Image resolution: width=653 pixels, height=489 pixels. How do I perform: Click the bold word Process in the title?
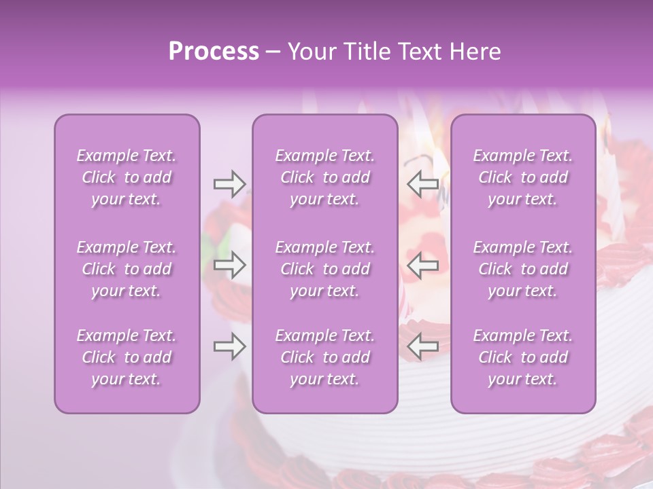coord(214,52)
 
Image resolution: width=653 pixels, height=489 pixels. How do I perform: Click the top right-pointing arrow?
coord(229,183)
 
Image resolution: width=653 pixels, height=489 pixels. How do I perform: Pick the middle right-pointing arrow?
coord(229,265)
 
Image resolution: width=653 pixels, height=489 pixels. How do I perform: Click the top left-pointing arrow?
coord(422,183)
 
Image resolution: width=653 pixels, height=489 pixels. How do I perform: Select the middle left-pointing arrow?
coord(422,265)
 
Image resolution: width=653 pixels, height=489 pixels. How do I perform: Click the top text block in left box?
coord(127,177)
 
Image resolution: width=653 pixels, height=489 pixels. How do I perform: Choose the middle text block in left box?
coord(127,269)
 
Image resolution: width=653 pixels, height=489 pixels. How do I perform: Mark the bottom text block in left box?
coord(127,357)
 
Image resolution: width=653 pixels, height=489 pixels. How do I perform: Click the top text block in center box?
coord(325,177)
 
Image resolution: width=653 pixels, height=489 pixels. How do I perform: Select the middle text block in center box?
coord(325,269)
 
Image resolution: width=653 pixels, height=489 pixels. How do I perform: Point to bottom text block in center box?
coord(325,357)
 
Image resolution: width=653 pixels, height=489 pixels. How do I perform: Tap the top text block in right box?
coord(523,177)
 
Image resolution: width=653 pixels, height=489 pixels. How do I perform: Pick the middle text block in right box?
coord(523,269)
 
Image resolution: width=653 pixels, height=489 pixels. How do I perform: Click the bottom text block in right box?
coord(523,357)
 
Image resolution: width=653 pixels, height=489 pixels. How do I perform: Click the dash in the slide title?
coord(273,52)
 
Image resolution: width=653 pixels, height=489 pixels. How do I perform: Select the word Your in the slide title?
coord(310,52)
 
